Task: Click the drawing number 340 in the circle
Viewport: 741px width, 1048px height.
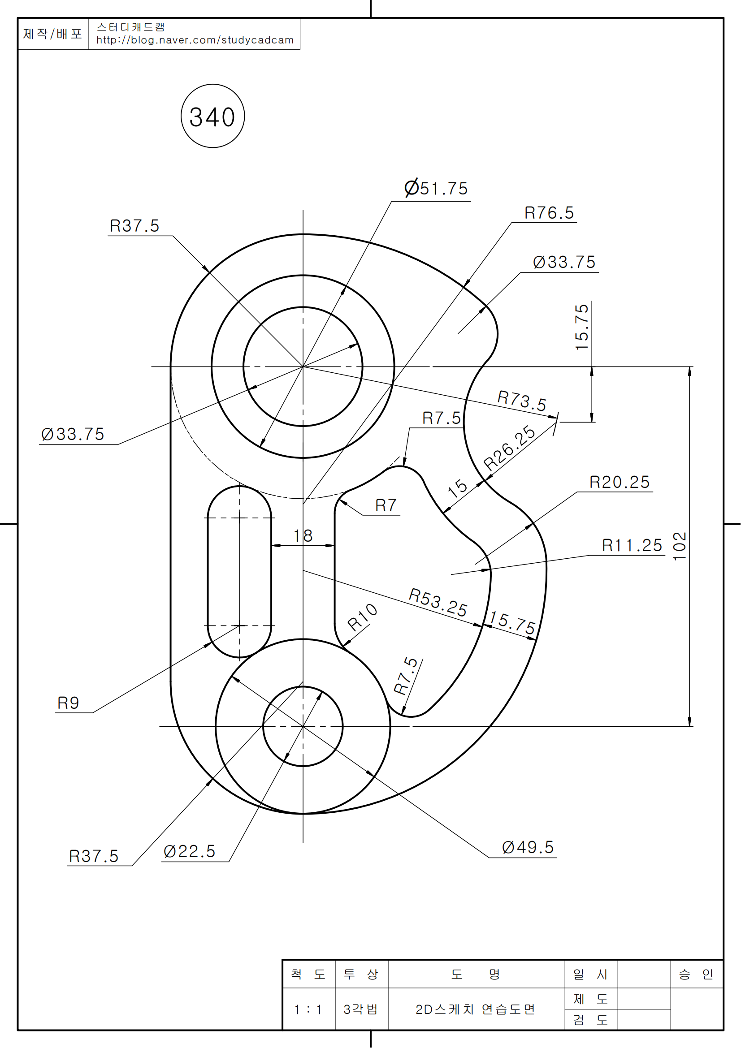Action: coord(212,117)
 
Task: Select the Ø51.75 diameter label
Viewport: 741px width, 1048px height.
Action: coord(437,189)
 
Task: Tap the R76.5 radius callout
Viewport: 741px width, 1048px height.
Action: coord(549,213)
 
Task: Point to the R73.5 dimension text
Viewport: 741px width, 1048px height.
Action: coord(521,400)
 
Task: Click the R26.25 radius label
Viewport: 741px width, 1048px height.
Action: coord(509,448)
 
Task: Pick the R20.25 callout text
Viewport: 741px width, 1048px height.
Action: coord(619,483)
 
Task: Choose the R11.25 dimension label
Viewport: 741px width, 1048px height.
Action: coord(632,545)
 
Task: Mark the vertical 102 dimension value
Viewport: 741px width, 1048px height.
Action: coord(680,546)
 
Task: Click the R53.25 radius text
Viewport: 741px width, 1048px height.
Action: coord(438,603)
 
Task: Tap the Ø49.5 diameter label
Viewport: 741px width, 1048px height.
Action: coord(528,848)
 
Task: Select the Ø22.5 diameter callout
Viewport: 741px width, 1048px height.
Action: coord(190,852)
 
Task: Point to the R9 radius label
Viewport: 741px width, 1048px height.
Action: coord(68,703)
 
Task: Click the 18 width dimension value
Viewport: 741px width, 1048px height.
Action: coord(303,536)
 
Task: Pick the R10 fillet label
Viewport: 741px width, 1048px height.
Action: coord(362,617)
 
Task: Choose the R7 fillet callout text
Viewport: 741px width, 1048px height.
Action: coord(386,506)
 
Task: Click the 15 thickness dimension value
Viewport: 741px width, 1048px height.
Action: coord(458,488)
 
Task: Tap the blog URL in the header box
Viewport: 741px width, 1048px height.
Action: coord(195,40)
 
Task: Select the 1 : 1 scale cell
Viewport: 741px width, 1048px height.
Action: coord(308,1009)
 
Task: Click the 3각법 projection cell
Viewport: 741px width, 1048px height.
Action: coord(361,1009)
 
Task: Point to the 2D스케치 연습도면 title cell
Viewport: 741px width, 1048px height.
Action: coord(475,1009)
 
